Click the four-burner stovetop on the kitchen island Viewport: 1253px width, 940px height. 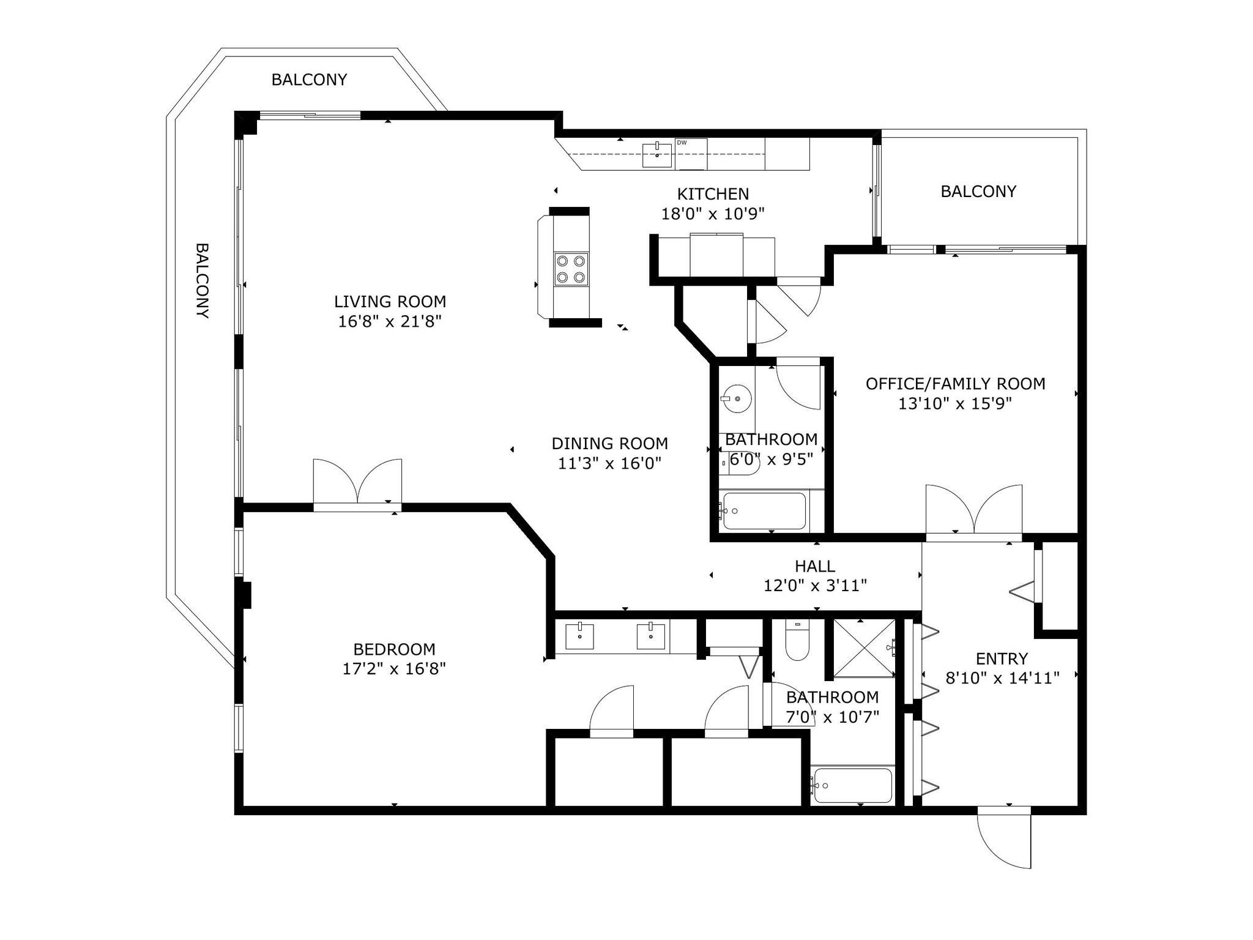pyautogui.click(x=571, y=269)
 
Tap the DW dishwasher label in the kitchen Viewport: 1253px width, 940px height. pyautogui.click(x=682, y=143)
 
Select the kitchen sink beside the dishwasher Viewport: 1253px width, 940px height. pyautogui.click(x=657, y=155)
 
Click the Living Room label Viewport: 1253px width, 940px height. pyautogui.click(x=390, y=301)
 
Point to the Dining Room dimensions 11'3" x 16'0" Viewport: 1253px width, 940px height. pyautogui.click(x=610, y=463)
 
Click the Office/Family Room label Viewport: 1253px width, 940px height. pyautogui.click(x=955, y=384)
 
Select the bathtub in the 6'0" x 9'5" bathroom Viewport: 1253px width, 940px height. pyautogui.click(x=764, y=511)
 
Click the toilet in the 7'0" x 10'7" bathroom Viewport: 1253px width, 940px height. pyautogui.click(x=797, y=641)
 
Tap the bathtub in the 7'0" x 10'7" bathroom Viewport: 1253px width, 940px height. pyautogui.click(x=852, y=786)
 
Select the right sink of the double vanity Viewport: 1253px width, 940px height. pyautogui.click(x=651, y=636)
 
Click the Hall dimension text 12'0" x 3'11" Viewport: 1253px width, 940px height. pyautogui.click(x=815, y=586)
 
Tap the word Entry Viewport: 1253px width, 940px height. pyautogui.click(x=1002, y=658)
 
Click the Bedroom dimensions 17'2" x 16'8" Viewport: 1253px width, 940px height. pyautogui.click(x=394, y=668)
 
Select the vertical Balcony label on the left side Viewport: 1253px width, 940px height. pyautogui.click(x=203, y=280)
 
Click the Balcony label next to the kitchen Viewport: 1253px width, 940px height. pyautogui.click(x=978, y=192)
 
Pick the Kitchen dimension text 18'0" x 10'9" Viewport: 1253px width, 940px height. pyautogui.click(x=713, y=214)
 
